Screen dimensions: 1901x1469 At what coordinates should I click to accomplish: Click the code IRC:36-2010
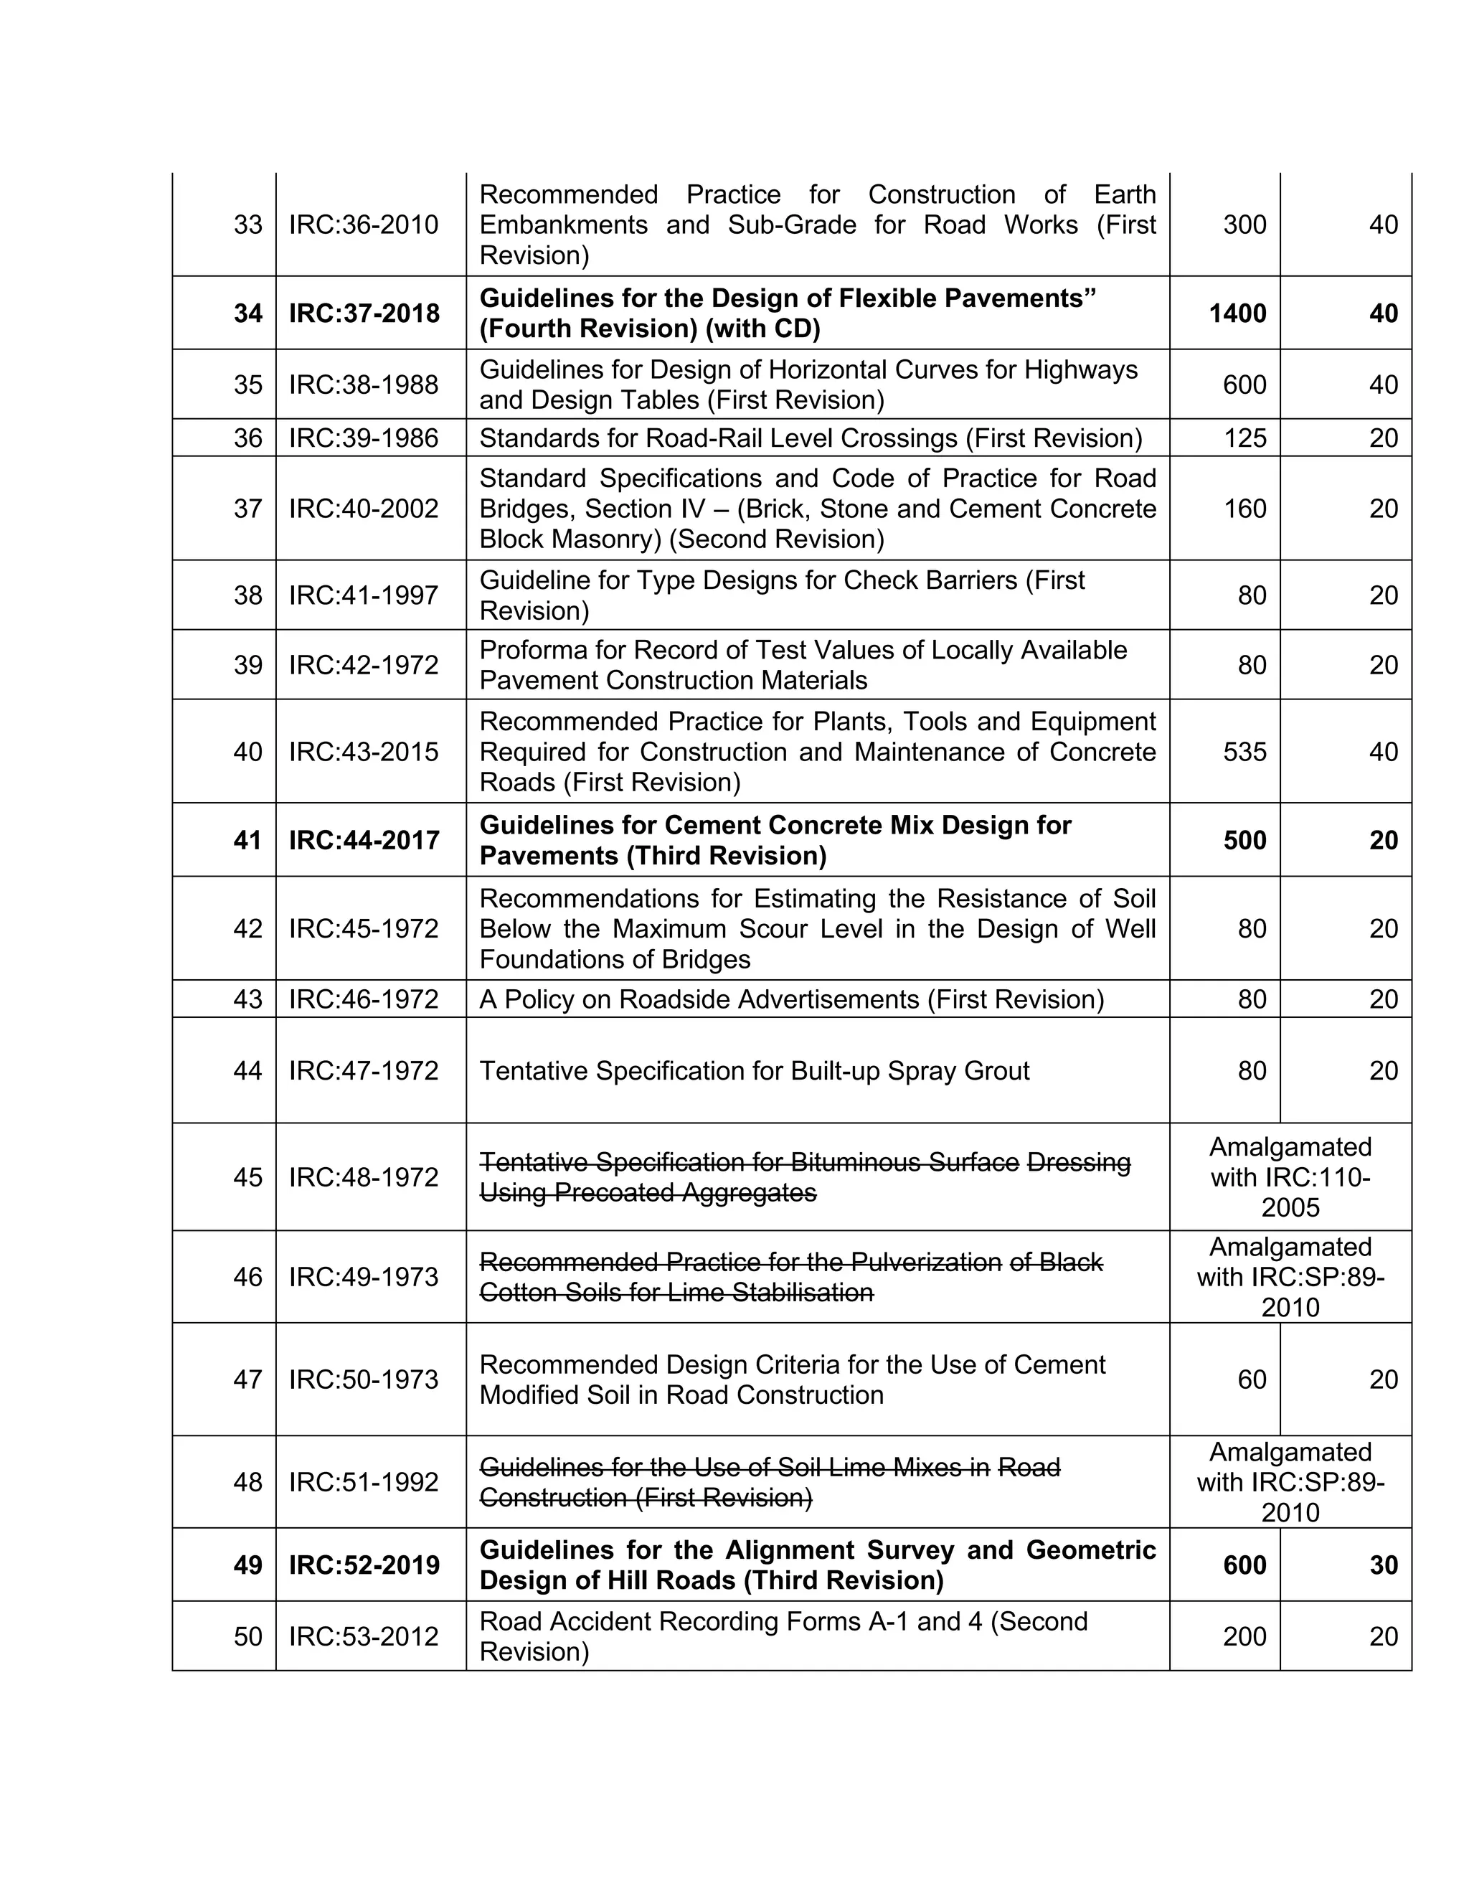(364, 225)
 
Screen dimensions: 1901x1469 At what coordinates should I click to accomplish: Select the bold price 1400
(1237, 313)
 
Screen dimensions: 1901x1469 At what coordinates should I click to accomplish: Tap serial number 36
(247, 438)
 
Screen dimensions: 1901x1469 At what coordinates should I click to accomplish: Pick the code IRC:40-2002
(364, 509)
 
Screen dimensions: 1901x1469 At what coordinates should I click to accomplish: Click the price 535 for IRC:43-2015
(1244, 751)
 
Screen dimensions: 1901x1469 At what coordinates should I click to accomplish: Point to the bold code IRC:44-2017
(364, 840)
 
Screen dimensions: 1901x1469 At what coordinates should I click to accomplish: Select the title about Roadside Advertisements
(791, 999)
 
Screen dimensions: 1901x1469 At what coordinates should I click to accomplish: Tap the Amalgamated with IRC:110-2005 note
(1290, 1176)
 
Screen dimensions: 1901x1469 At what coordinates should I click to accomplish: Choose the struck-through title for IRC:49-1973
(790, 1277)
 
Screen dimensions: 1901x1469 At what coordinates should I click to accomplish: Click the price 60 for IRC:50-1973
(1252, 1379)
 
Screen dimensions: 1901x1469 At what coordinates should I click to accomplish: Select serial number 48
(247, 1481)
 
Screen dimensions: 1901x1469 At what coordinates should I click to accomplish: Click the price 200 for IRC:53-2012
(1244, 1636)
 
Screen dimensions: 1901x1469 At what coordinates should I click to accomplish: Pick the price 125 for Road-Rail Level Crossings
(1244, 438)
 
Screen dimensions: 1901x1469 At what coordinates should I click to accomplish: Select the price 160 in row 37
(1244, 509)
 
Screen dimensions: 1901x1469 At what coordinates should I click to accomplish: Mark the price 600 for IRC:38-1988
(1244, 385)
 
